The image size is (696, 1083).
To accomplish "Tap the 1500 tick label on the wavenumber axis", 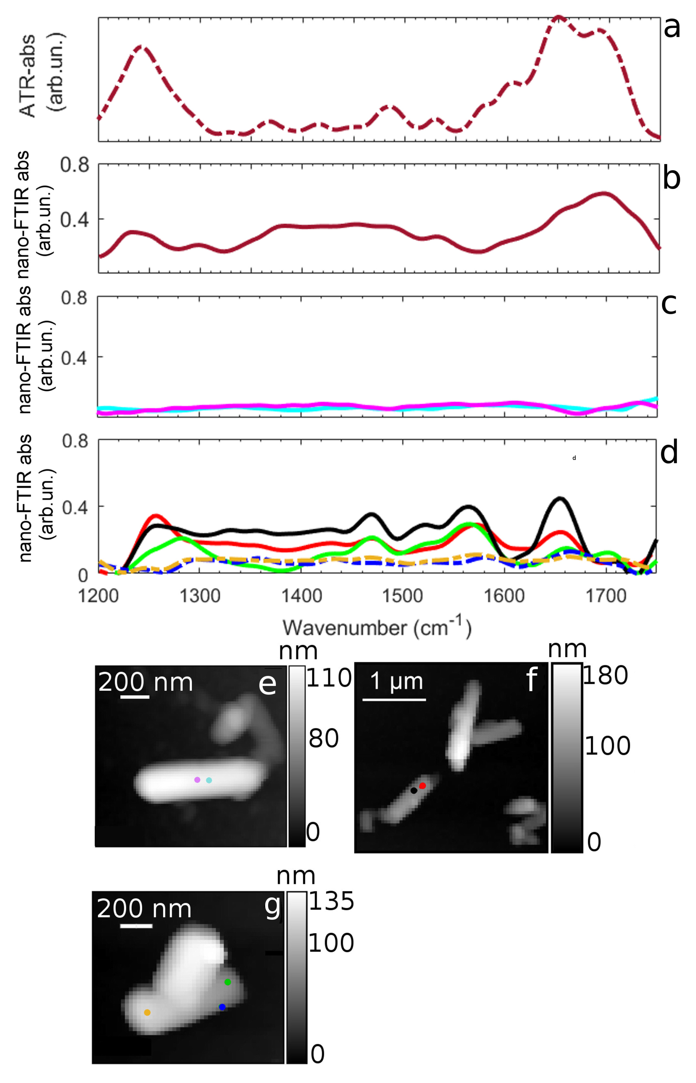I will click(403, 596).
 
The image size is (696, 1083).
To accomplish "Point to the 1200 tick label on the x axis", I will click(98, 596).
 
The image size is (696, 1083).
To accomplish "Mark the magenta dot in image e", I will click(197, 780).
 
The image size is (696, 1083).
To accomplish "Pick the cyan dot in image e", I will click(209, 780).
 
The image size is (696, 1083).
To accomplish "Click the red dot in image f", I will click(422, 786).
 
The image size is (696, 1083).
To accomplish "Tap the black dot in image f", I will click(414, 791).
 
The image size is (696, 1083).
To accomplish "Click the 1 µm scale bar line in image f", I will click(394, 700).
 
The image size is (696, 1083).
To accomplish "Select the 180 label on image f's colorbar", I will click(605, 676).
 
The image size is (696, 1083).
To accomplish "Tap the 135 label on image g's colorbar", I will click(331, 902).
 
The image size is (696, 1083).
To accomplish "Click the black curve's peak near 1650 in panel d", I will click(560, 498).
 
